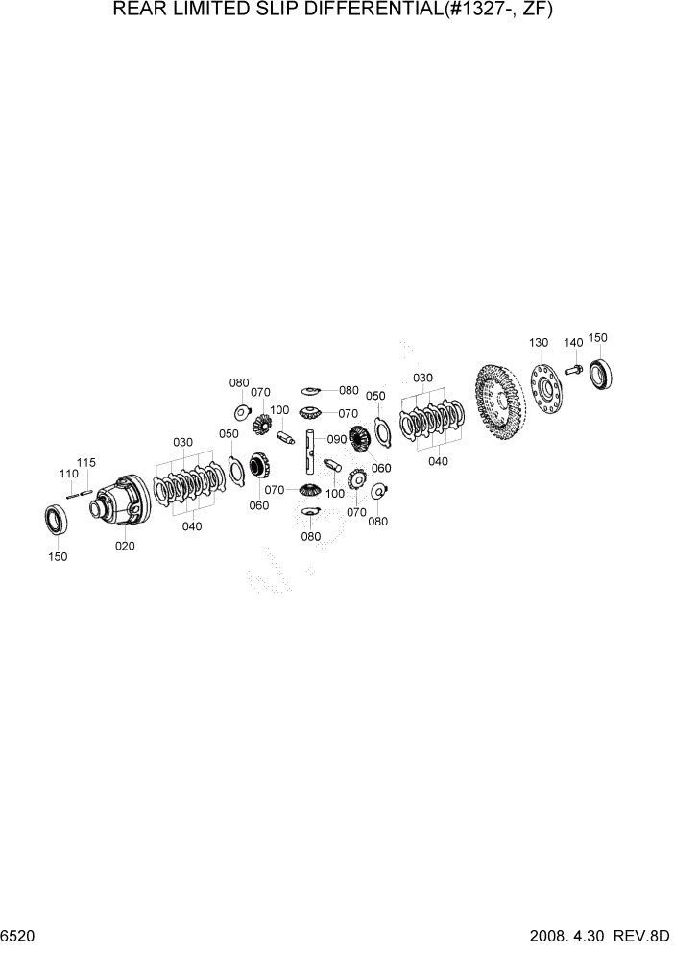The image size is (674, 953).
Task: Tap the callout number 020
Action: (x=125, y=546)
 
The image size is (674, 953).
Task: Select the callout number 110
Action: (x=68, y=474)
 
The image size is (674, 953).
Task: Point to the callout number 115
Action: (x=86, y=463)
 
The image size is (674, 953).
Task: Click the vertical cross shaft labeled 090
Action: (x=311, y=452)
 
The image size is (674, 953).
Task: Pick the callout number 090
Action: (x=336, y=439)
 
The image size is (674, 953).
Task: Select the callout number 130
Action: (x=538, y=343)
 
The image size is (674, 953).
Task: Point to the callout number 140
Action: (x=573, y=343)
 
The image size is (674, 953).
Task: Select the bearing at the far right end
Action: (x=602, y=373)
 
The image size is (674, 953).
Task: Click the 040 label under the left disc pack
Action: (x=193, y=525)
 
